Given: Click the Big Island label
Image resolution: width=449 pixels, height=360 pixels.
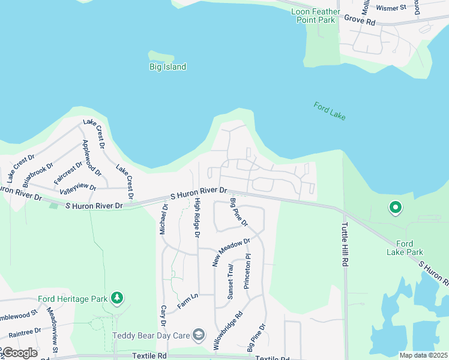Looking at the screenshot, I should click(167, 67).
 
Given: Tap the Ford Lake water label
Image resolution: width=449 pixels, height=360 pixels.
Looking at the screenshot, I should click(330, 111).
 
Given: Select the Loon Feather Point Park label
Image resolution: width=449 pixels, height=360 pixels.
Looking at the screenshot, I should click(315, 16).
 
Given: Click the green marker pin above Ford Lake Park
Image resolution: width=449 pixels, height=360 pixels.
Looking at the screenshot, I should click(396, 208).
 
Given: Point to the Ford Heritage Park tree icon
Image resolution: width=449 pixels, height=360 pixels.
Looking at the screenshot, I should click(118, 298).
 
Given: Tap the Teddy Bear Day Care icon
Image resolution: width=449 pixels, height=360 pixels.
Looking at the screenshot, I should click(200, 334).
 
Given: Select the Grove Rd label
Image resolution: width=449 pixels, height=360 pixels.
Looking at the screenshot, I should click(360, 20).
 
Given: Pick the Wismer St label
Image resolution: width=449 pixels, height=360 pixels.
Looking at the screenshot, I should click(391, 8).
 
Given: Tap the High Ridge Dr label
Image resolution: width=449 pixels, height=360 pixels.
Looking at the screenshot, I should click(196, 219).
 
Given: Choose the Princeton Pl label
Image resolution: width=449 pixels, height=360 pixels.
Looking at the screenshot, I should click(247, 272).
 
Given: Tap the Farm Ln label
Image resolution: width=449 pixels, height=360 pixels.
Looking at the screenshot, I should click(187, 301).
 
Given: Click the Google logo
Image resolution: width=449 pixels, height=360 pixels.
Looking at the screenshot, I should click(20, 352).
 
